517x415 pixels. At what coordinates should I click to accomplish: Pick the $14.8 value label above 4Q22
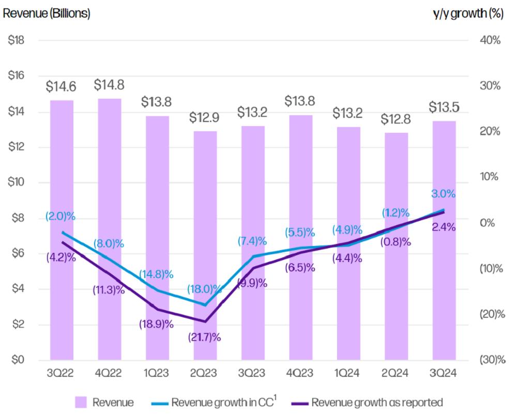(x=110, y=85)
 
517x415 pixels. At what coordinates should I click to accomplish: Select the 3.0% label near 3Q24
(x=443, y=194)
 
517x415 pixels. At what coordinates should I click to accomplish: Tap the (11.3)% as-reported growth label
(x=109, y=290)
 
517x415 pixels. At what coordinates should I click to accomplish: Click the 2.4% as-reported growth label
(x=444, y=226)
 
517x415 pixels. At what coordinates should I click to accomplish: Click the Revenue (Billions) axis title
(x=47, y=14)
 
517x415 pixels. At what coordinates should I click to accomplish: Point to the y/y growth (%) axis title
(x=468, y=14)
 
